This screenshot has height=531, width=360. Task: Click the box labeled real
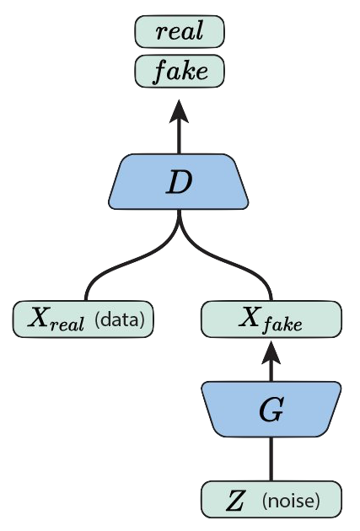180,31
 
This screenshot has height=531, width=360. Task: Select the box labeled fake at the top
180,72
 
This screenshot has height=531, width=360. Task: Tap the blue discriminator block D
179,181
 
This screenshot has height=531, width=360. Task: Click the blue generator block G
271,409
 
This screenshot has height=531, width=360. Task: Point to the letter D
179,182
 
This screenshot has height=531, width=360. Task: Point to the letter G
271,410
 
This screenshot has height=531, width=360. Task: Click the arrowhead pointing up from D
179,111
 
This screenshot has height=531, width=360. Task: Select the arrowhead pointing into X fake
271,352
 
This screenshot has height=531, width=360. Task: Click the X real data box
83,319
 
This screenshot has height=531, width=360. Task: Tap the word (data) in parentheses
120,319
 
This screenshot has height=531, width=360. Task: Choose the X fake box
271,319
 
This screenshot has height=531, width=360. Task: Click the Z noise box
271,499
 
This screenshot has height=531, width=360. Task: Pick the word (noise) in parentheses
291,500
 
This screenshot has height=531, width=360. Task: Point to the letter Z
235,501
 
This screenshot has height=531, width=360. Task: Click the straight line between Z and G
271,459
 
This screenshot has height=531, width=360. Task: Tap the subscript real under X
67,324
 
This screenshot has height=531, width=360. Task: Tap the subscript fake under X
283,324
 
